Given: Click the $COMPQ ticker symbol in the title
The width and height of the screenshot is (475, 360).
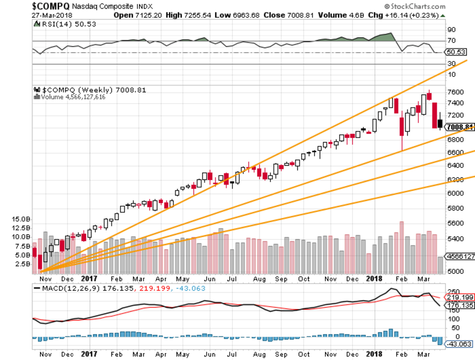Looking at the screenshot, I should pos(51,6).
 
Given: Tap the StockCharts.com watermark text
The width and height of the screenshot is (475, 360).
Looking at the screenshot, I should pos(415,6).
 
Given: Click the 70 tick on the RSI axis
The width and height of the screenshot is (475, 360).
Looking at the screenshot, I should pos(451,40).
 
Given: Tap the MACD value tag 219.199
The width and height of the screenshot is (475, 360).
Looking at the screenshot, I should pos(460,297).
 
